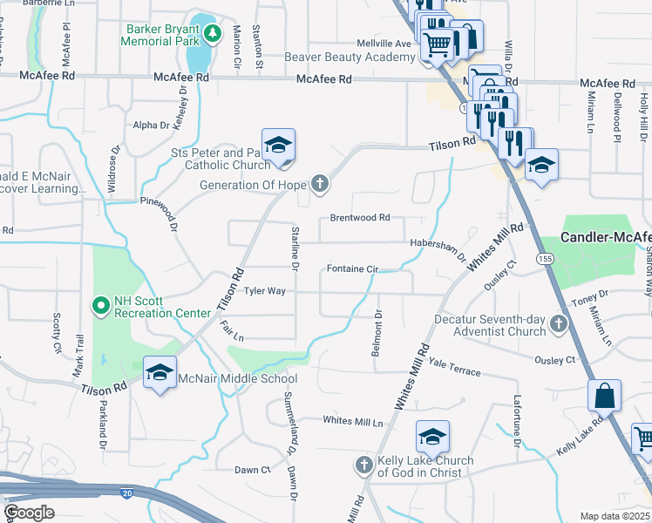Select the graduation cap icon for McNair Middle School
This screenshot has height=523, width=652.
tap(160, 372)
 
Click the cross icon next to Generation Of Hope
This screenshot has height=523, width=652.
tap(320, 184)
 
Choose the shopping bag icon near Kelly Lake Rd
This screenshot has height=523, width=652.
tap(604, 396)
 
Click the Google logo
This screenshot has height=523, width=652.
tap(29, 513)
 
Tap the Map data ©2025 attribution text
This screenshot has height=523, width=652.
tap(615, 516)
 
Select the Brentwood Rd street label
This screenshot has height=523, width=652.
tap(359, 218)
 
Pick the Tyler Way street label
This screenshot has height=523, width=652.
tap(264, 291)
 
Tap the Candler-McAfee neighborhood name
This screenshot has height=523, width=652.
tap(606, 237)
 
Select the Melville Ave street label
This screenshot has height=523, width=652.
tap(384, 43)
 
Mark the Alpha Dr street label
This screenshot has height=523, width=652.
tap(151, 126)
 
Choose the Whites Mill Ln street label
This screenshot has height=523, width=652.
tap(353, 421)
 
